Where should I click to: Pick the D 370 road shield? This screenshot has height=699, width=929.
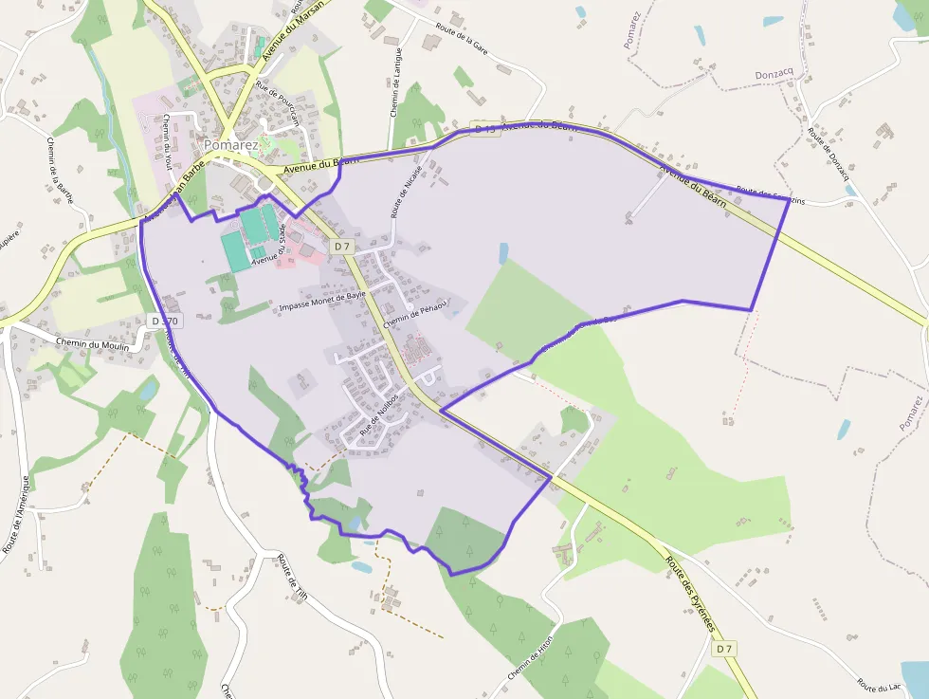click(x=164, y=322)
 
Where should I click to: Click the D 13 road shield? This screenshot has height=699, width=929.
click(x=484, y=129)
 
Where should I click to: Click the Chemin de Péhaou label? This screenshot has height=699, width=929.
click(x=413, y=313)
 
